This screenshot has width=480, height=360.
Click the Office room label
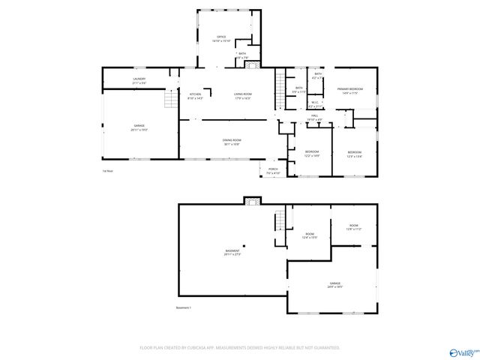point(221,37)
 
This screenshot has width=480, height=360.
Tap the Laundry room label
point(139,80)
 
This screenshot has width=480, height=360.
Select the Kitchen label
point(195,95)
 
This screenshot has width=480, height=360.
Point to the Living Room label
point(242,95)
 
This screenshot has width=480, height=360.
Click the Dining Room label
point(231,142)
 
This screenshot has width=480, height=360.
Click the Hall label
point(315,117)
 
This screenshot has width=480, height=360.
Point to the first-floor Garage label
point(139,127)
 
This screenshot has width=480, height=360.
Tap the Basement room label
point(232,252)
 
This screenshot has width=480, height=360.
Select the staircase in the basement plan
point(281,220)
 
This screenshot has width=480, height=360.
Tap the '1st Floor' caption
point(107,171)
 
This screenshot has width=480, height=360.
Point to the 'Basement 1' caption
point(184,307)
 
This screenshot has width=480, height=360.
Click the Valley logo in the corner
point(460,351)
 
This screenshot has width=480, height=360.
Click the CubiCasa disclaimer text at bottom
point(240,348)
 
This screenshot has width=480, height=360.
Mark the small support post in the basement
point(253,242)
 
